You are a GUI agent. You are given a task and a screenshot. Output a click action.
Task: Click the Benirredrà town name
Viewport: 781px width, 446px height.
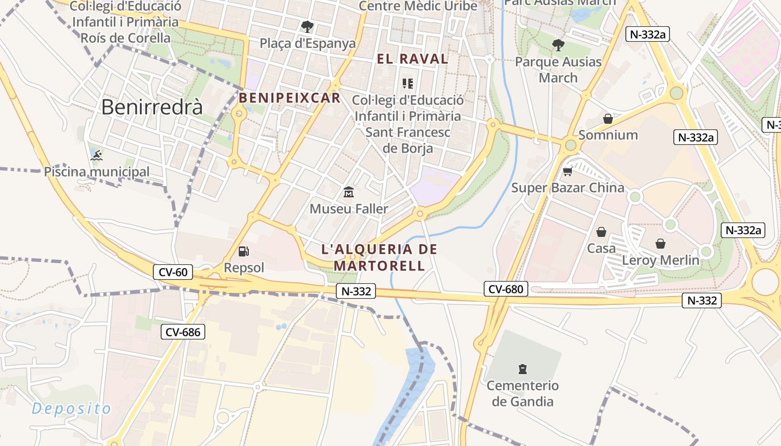click(x=152, y=107)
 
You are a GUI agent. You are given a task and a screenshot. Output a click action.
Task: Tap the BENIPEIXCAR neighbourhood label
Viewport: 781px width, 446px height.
click(x=290, y=98)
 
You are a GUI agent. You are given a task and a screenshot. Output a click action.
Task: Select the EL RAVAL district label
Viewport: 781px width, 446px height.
click(x=413, y=59)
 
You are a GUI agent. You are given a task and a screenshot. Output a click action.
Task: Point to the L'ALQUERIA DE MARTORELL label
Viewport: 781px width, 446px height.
click(x=379, y=257)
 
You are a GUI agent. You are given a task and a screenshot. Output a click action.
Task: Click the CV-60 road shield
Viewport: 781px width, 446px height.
click(x=173, y=272)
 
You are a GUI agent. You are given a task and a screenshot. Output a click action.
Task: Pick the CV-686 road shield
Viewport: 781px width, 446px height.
click(x=183, y=332)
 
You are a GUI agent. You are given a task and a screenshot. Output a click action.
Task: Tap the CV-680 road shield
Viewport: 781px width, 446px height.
click(x=505, y=289)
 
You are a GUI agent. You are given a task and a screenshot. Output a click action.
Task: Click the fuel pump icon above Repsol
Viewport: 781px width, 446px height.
click(x=243, y=251)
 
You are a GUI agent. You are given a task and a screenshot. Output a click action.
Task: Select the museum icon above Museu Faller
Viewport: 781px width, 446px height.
click(x=349, y=192)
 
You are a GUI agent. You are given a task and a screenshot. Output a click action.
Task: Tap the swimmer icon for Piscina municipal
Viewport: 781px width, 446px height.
click(x=97, y=154)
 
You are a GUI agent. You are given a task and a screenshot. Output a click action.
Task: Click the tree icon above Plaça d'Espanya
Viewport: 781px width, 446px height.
click(x=307, y=26)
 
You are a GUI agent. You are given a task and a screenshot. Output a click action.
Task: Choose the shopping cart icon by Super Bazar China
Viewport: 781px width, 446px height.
click(x=568, y=171)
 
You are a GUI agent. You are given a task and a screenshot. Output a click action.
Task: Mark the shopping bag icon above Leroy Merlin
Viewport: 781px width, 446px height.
click(x=661, y=244)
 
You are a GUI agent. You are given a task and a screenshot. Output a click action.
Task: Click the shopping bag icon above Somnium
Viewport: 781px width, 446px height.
click(x=608, y=119)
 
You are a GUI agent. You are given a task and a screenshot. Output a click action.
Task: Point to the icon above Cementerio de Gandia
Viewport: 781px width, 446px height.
click(x=523, y=369)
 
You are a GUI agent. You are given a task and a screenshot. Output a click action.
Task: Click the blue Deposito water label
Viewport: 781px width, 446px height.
click(x=71, y=409)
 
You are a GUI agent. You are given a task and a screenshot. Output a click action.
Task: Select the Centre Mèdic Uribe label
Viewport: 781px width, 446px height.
click(x=418, y=6)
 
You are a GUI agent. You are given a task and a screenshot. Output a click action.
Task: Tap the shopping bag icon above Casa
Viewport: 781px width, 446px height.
click(x=601, y=232)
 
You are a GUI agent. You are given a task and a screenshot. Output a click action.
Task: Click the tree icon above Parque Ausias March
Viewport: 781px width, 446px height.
click(x=558, y=45)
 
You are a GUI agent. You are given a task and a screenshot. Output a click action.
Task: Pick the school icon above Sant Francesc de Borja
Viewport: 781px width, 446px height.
click(x=408, y=84)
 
